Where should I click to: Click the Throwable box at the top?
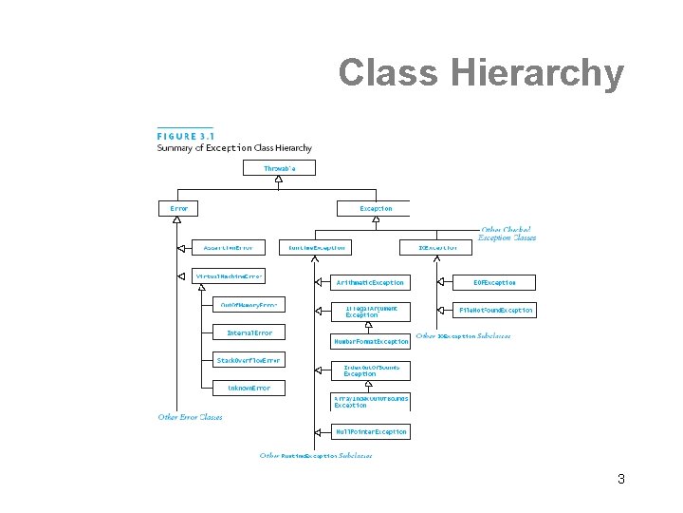click(x=279, y=168)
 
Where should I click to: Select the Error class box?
click(x=178, y=208)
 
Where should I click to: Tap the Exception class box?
click(x=376, y=208)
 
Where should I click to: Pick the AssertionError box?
click(x=229, y=247)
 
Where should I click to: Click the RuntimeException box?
click(x=313, y=247)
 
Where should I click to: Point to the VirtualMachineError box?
click(x=229, y=276)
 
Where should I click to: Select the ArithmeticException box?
click(x=370, y=282)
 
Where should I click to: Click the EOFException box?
click(x=495, y=282)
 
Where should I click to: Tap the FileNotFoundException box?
click(x=497, y=310)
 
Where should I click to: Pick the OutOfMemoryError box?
click(x=249, y=305)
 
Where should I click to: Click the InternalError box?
click(x=249, y=332)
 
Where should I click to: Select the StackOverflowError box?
click(x=249, y=360)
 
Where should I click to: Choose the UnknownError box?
click(x=249, y=388)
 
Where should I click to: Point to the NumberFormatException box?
click(x=370, y=340)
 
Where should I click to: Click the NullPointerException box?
click(x=370, y=431)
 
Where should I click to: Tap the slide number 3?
click(x=620, y=479)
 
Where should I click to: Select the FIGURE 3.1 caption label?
click(x=185, y=136)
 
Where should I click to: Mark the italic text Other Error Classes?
click(x=190, y=417)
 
